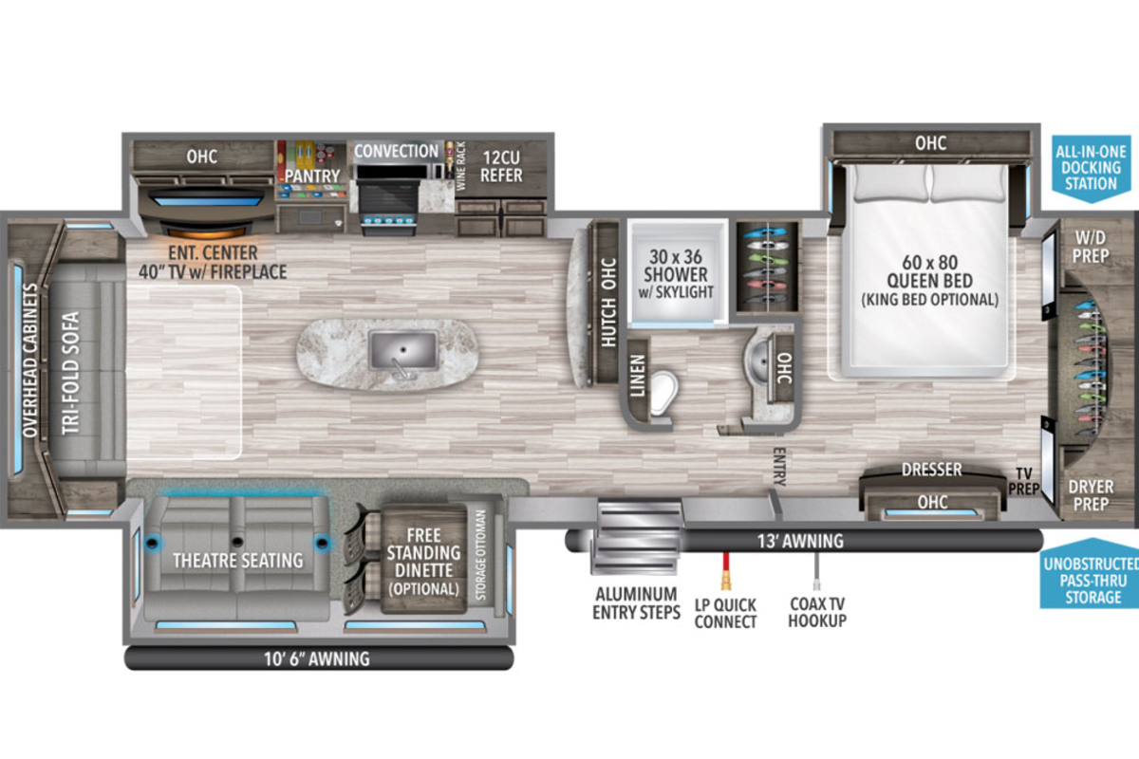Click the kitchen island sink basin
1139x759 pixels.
(x=403, y=350)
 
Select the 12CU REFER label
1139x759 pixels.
(x=501, y=166)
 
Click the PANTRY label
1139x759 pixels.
(x=311, y=176)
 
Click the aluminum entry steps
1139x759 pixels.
(x=636, y=536)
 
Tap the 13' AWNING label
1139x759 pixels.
(x=800, y=541)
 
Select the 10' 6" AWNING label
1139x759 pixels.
(x=316, y=658)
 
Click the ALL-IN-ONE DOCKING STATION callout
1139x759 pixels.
(x=1091, y=168)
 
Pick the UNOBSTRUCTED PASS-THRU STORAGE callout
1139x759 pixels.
(x=1092, y=580)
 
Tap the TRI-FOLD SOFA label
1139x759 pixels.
(x=70, y=373)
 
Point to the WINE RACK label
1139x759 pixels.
(x=460, y=166)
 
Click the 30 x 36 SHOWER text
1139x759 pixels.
(x=676, y=266)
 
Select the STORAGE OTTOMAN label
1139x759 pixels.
(x=480, y=555)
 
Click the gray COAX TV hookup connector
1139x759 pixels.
(x=816, y=570)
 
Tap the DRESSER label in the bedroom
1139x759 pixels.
(x=931, y=470)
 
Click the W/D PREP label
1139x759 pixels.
(x=1091, y=247)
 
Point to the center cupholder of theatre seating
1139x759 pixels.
(x=236, y=542)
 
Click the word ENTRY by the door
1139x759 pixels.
(x=779, y=467)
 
